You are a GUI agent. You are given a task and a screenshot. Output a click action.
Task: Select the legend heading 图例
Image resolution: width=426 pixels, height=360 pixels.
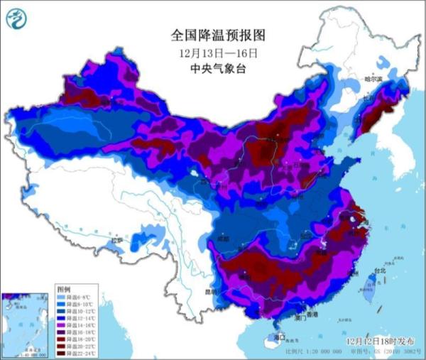tap(64, 290)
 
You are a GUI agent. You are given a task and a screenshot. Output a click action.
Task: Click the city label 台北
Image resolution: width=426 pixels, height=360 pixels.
tap(379, 271)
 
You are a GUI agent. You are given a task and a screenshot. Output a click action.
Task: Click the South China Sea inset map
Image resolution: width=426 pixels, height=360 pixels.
tap(26, 322)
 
